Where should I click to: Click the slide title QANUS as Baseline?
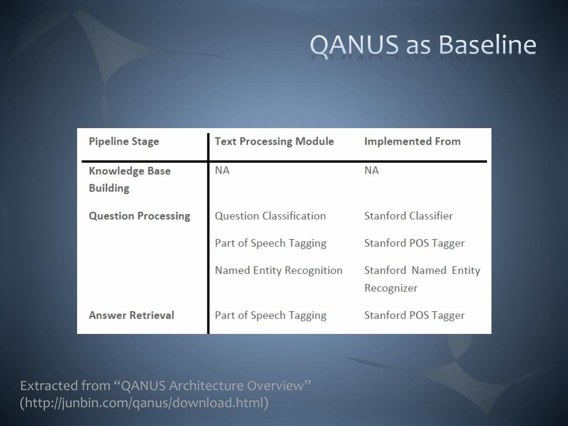coord(423,45)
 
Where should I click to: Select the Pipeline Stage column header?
coord(124,141)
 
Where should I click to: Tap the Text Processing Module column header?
coord(274,141)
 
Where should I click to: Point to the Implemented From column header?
coord(412,141)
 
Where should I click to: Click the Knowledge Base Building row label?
coord(129,179)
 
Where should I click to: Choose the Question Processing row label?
coord(139,216)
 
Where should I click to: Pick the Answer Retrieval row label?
coord(131,315)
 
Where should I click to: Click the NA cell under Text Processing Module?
coord(222,170)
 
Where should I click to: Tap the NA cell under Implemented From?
coord(371,170)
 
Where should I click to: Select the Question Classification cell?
coord(270,216)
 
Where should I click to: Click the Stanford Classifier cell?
coord(408,216)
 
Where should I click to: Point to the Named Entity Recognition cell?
coord(278,270)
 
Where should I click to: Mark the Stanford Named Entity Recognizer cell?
coord(422,279)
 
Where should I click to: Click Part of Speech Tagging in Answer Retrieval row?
coord(270,315)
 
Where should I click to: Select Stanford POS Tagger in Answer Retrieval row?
coord(414,315)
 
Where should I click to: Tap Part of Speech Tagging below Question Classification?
coord(270,243)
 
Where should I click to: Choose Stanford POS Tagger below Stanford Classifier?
coord(414,243)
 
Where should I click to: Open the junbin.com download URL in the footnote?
coord(144,403)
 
